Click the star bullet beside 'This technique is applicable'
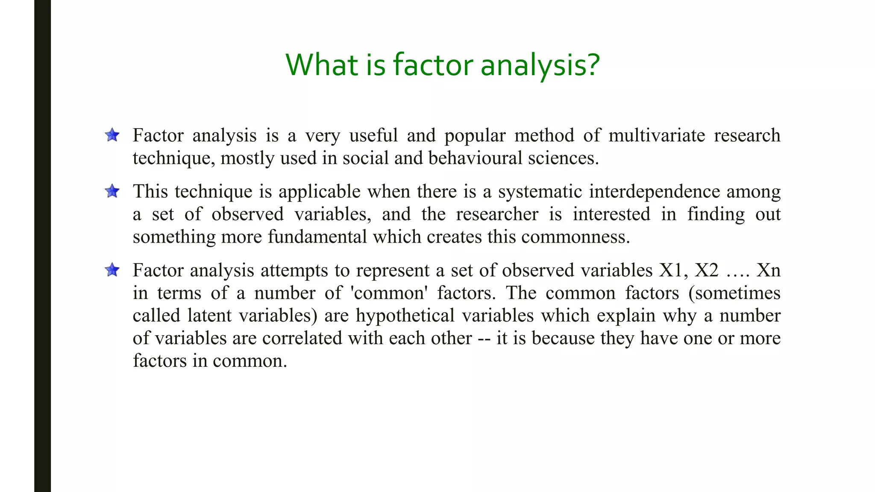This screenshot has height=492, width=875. pyautogui.click(x=112, y=191)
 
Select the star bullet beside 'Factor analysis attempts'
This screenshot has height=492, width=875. pyautogui.click(x=112, y=270)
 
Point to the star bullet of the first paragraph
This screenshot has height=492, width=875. pyautogui.click(x=112, y=135)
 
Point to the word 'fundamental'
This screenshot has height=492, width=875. pyautogui.click(x=317, y=237)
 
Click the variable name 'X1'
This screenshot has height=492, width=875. pyautogui.click(x=673, y=270)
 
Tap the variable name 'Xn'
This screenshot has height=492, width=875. pyautogui.click(x=768, y=270)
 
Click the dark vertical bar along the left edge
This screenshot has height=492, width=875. pyautogui.click(x=42, y=246)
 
